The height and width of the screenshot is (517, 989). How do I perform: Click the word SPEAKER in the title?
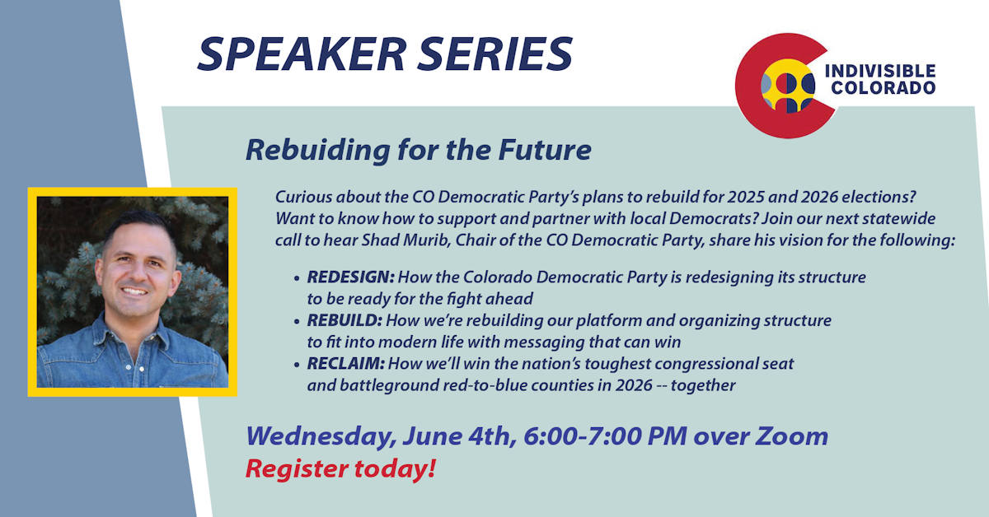[302, 54]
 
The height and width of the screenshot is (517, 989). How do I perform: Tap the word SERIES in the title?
[495, 54]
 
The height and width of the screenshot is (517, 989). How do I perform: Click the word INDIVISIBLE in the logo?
[880, 71]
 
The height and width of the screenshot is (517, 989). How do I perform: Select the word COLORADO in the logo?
[883, 88]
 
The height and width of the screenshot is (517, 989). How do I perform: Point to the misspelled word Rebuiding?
[318, 150]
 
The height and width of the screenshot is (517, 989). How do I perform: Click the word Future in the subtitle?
[545, 150]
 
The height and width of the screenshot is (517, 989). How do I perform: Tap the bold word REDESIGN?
[350, 277]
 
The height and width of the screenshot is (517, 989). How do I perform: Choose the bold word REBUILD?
[345, 320]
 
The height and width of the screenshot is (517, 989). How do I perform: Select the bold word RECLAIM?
[345, 364]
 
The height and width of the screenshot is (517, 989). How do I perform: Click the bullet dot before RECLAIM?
[297, 365]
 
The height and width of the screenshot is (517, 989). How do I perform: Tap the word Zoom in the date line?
[791, 436]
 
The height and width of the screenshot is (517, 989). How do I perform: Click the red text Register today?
[340, 468]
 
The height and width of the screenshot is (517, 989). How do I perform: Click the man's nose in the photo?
[135, 274]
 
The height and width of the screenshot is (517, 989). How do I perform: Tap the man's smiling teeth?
[134, 291]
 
